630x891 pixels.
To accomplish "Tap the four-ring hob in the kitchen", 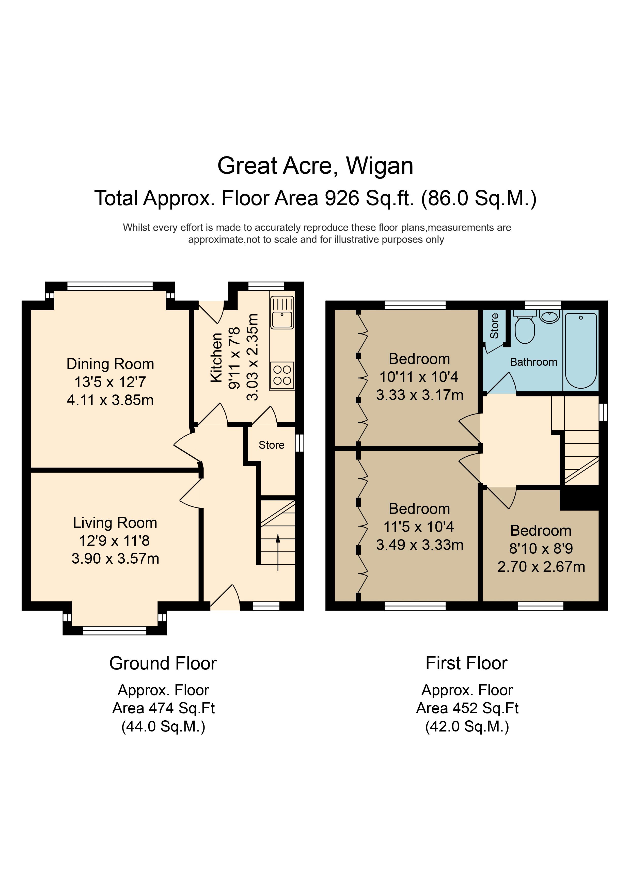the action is (282, 375).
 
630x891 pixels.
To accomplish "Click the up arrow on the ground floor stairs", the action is (278, 552).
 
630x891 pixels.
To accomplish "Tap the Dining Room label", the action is (110, 364).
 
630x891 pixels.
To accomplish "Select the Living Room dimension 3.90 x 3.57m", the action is (115, 559).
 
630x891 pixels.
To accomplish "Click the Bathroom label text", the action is (533, 362).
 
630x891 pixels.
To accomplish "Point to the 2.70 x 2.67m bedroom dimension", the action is (541, 567).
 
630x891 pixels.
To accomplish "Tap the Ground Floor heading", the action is (163, 663).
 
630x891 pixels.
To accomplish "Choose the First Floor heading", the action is (467, 663).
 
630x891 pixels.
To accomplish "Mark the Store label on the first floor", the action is (494, 326).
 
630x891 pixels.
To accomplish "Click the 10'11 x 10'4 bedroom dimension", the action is (419, 377).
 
